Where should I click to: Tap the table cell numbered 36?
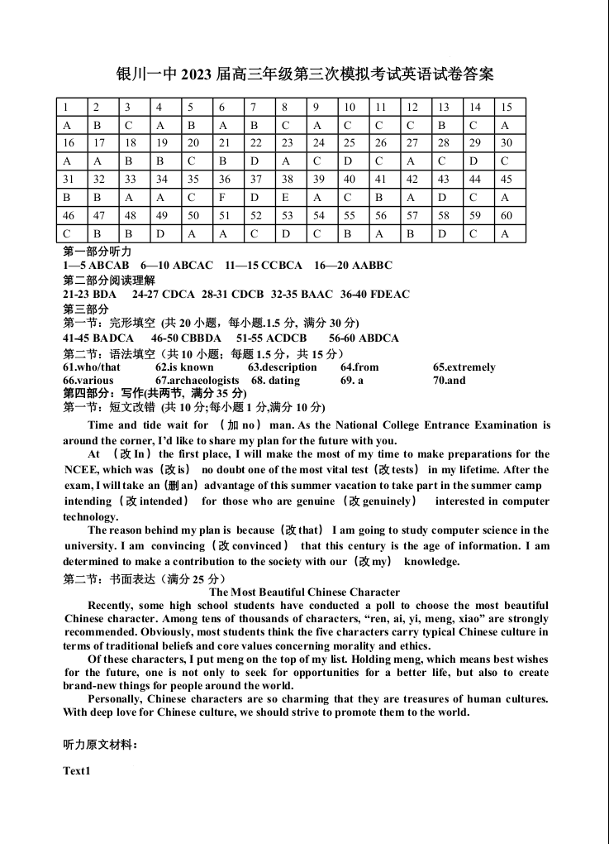(x=223, y=179)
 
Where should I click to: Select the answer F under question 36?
(x=223, y=197)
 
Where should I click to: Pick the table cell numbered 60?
(x=507, y=215)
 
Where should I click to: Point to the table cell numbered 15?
(x=507, y=107)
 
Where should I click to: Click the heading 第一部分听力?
(x=98, y=252)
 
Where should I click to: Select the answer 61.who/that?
(x=92, y=367)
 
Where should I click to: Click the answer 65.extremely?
(x=464, y=367)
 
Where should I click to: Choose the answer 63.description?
(x=282, y=367)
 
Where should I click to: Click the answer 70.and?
(x=449, y=381)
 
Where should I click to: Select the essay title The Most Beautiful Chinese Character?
(x=305, y=592)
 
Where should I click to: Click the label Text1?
(x=76, y=771)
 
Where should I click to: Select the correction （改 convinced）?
(x=250, y=546)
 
